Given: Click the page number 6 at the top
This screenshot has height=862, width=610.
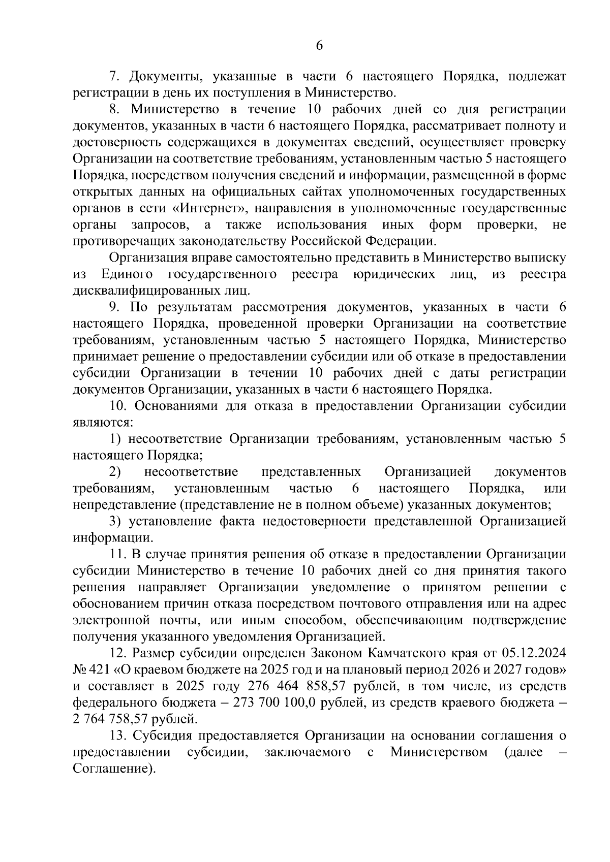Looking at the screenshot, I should [x=319, y=46].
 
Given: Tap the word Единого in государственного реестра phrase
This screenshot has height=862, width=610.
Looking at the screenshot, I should [x=127, y=275].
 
